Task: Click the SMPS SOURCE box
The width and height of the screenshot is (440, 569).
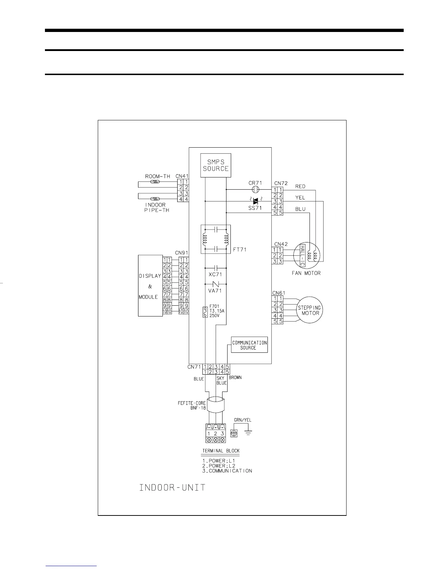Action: point(216,166)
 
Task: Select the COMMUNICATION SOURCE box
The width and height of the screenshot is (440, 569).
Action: point(249,345)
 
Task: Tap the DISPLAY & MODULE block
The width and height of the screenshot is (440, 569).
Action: point(150,286)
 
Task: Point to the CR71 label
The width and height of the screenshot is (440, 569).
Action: point(255,183)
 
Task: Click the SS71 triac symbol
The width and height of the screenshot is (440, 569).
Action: point(256,201)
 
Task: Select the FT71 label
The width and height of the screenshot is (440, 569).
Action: point(239,249)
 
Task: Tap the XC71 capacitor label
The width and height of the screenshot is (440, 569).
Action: point(215,274)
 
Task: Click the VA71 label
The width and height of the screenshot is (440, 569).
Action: point(215,291)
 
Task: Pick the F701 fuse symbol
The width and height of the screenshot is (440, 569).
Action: point(205,312)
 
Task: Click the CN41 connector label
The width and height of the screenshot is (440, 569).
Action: point(182,176)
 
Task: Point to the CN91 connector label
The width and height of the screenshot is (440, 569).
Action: point(182,253)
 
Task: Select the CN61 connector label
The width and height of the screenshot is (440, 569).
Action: point(279,293)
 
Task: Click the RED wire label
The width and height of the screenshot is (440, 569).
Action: point(300,186)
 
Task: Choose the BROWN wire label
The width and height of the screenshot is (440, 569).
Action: point(235,378)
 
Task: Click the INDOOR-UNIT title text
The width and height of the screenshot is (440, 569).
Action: point(172,488)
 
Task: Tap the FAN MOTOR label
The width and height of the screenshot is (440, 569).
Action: point(306,273)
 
